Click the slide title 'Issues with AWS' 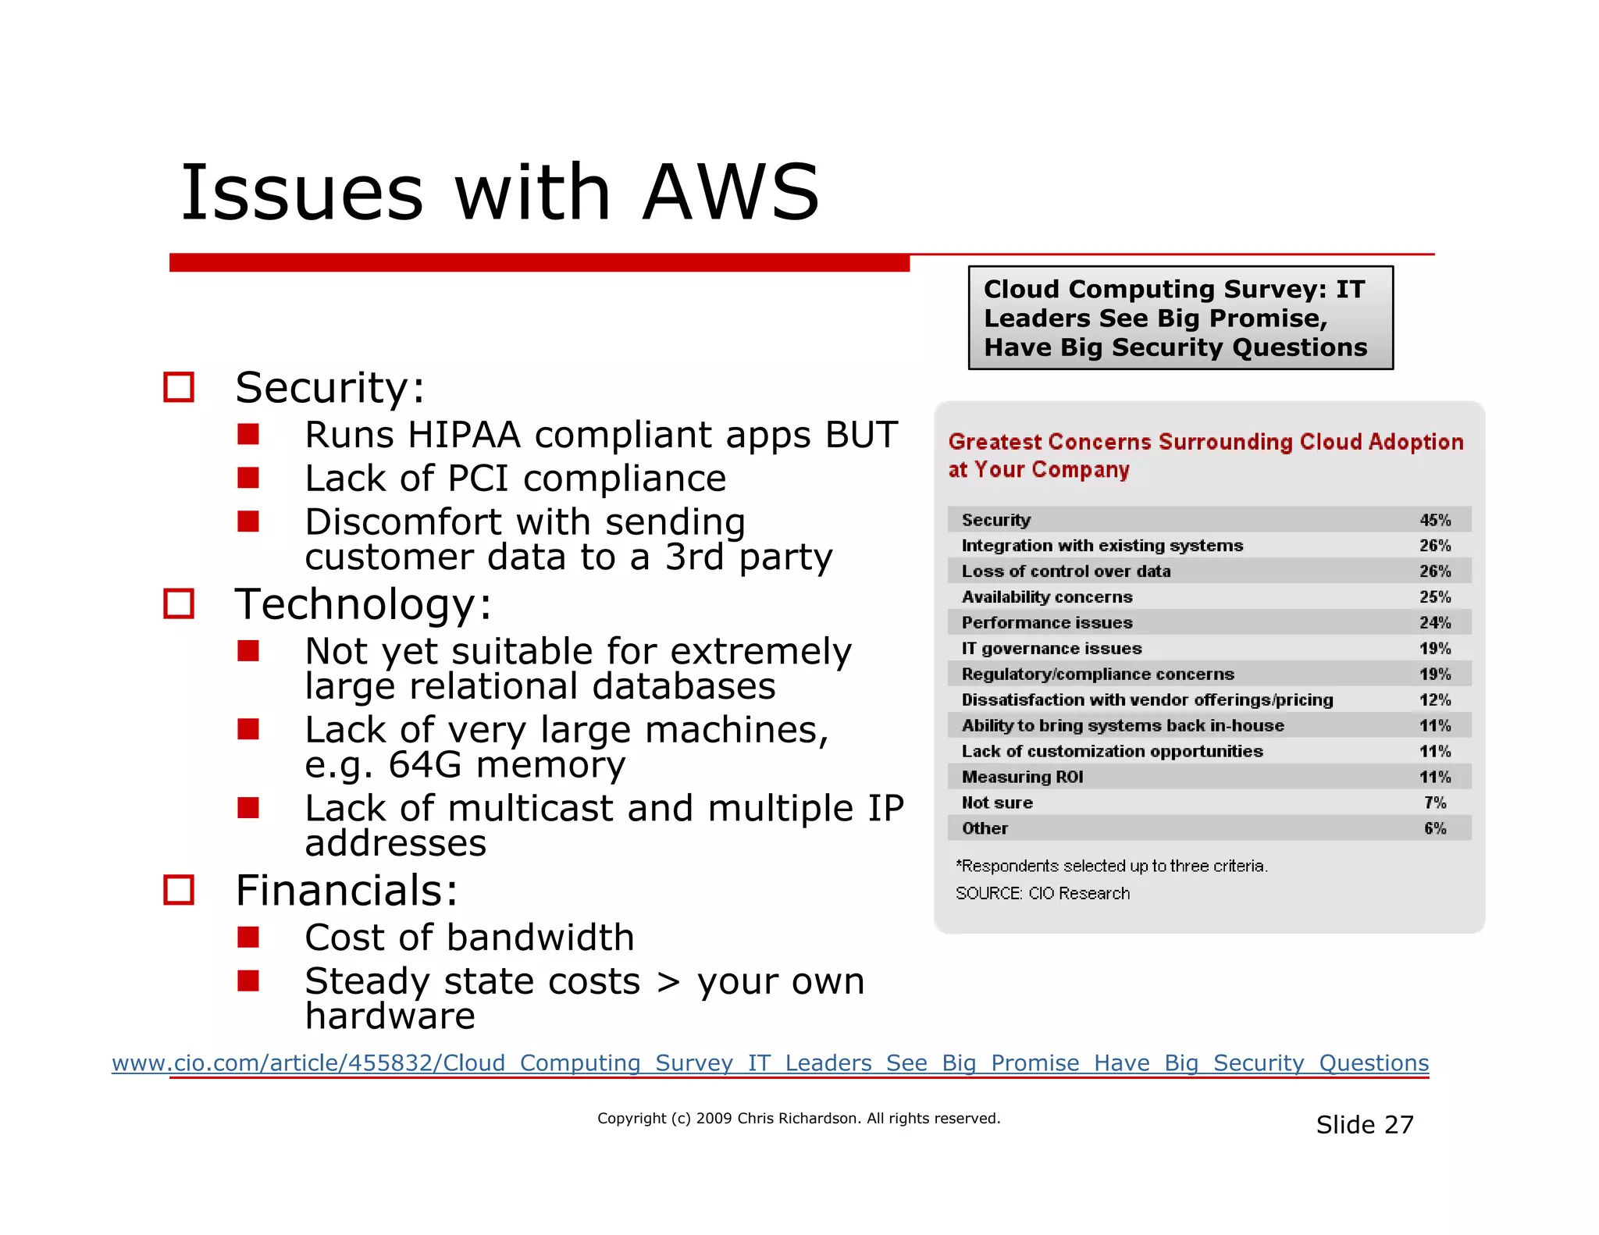click(x=500, y=193)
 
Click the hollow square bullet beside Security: click(x=179, y=387)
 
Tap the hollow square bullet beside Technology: click(x=179, y=603)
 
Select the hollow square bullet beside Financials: click(x=179, y=890)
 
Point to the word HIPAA click(x=463, y=435)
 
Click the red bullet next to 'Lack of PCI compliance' click(x=248, y=478)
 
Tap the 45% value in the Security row click(x=1435, y=520)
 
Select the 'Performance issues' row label click(x=1046, y=623)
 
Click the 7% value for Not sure click(x=1435, y=803)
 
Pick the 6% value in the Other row click(x=1435, y=828)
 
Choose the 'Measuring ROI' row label click(x=1022, y=777)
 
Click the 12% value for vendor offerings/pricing click(x=1435, y=700)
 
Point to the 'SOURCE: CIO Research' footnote click(x=1042, y=893)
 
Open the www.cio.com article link click(x=770, y=1063)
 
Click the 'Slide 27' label click(x=1364, y=1125)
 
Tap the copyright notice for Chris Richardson click(x=798, y=1119)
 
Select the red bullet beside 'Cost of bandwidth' click(x=248, y=937)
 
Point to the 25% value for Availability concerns click(x=1435, y=597)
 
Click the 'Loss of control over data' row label click(x=1066, y=571)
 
